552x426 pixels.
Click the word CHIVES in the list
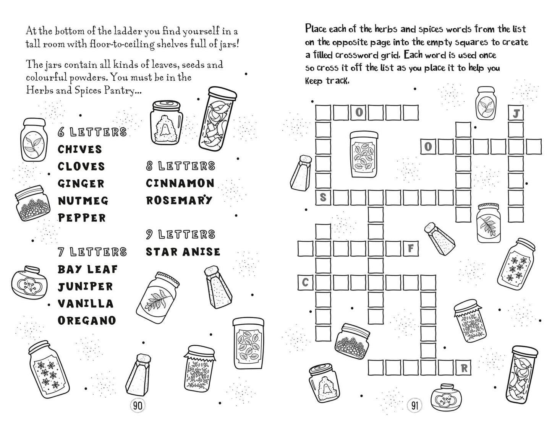coord(80,149)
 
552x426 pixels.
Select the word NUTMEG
coord(83,201)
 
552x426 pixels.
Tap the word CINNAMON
coord(180,183)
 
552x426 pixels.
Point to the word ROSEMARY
coord(179,200)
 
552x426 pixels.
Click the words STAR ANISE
coord(183,252)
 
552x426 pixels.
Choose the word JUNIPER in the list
coord(85,287)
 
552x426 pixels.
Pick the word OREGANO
coord(87,321)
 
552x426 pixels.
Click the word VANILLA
coord(86,304)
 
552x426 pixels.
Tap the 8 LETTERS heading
coord(181,166)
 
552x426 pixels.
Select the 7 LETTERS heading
coord(92,252)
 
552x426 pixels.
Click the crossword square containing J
coord(516,113)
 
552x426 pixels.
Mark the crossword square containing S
coord(323,197)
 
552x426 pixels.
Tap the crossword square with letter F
coord(411,249)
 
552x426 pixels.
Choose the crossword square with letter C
coord(305,282)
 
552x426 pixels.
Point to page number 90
coord(138,406)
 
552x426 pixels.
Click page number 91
coord(414,406)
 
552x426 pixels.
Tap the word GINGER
coord(81,184)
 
